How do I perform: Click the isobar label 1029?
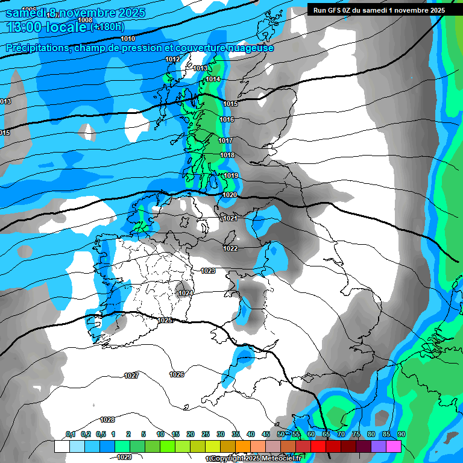(x=124, y=457)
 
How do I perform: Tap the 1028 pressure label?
(x=107, y=420)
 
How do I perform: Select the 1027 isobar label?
(x=131, y=376)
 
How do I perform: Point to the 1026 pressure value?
(x=177, y=374)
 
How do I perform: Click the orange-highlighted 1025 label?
(x=165, y=320)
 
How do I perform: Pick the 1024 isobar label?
(x=186, y=294)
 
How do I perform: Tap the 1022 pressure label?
(x=230, y=248)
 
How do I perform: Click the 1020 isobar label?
(x=229, y=195)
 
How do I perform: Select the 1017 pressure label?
(x=225, y=140)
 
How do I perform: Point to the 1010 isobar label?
(x=128, y=39)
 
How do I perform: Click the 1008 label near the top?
(x=85, y=20)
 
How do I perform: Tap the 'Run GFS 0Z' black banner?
(x=379, y=10)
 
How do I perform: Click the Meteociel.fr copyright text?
(x=255, y=459)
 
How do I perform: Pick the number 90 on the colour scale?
(x=401, y=435)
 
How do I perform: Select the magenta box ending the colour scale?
(x=394, y=446)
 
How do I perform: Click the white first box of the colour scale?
(x=61, y=446)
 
